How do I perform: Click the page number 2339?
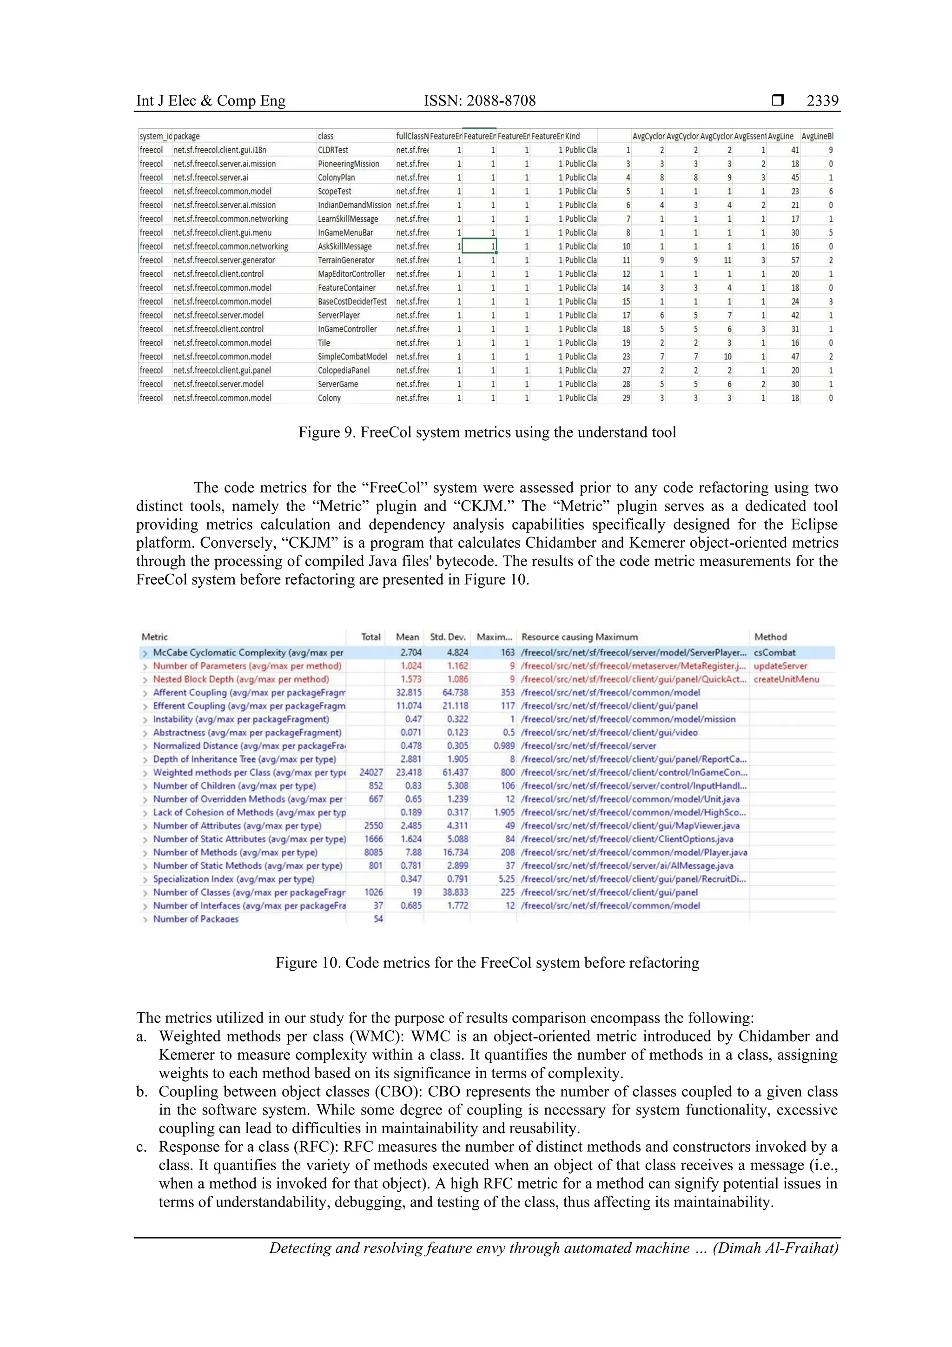[822, 101]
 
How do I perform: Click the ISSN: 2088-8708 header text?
[479, 101]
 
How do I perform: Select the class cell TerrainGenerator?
[346, 260]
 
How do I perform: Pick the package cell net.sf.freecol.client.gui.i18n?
[219, 150]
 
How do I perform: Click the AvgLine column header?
[780, 137]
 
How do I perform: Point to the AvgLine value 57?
[795, 260]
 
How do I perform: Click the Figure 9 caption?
[487, 433]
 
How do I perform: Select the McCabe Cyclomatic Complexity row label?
[248, 653]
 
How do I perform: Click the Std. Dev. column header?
[448, 637]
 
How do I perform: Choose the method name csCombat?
[774, 653]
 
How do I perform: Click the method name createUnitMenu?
[786, 679]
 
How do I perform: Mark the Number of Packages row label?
[195, 919]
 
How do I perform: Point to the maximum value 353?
[508, 693]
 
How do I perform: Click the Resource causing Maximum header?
[579, 637]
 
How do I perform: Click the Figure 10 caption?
[487, 963]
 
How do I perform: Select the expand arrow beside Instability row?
[145, 720]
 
